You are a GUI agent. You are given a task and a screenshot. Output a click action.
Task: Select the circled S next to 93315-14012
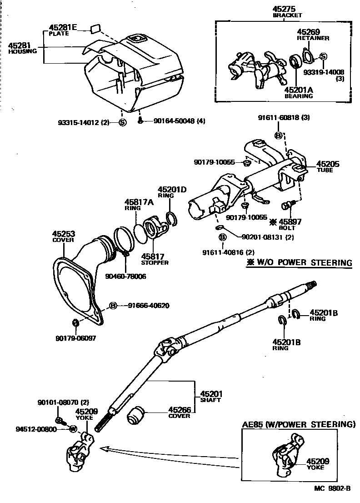tap(122, 122)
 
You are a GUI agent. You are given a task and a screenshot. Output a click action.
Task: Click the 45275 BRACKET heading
tap(287, 11)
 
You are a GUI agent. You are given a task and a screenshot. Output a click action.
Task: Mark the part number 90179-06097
tap(76, 338)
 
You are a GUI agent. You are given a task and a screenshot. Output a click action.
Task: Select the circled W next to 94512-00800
tap(72, 428)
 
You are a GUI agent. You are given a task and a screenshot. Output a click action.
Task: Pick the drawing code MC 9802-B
tap(332, 489)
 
